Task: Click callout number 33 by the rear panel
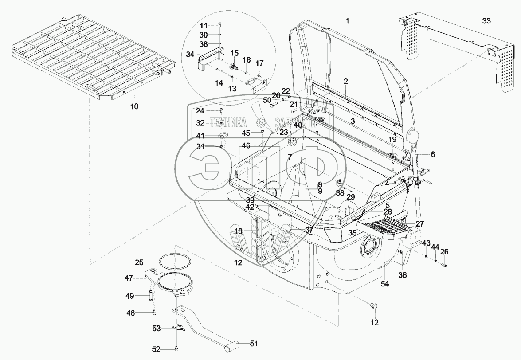(x=486, y=20)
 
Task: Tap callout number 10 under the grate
(x=134, y=106)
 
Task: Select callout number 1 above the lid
(x=348, y=21)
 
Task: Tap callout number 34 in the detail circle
(x=190, y=54)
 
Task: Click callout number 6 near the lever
(x=432, y=154)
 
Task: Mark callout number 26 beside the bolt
(x=444, y=252)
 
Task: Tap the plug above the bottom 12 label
(x=373, y=305)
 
